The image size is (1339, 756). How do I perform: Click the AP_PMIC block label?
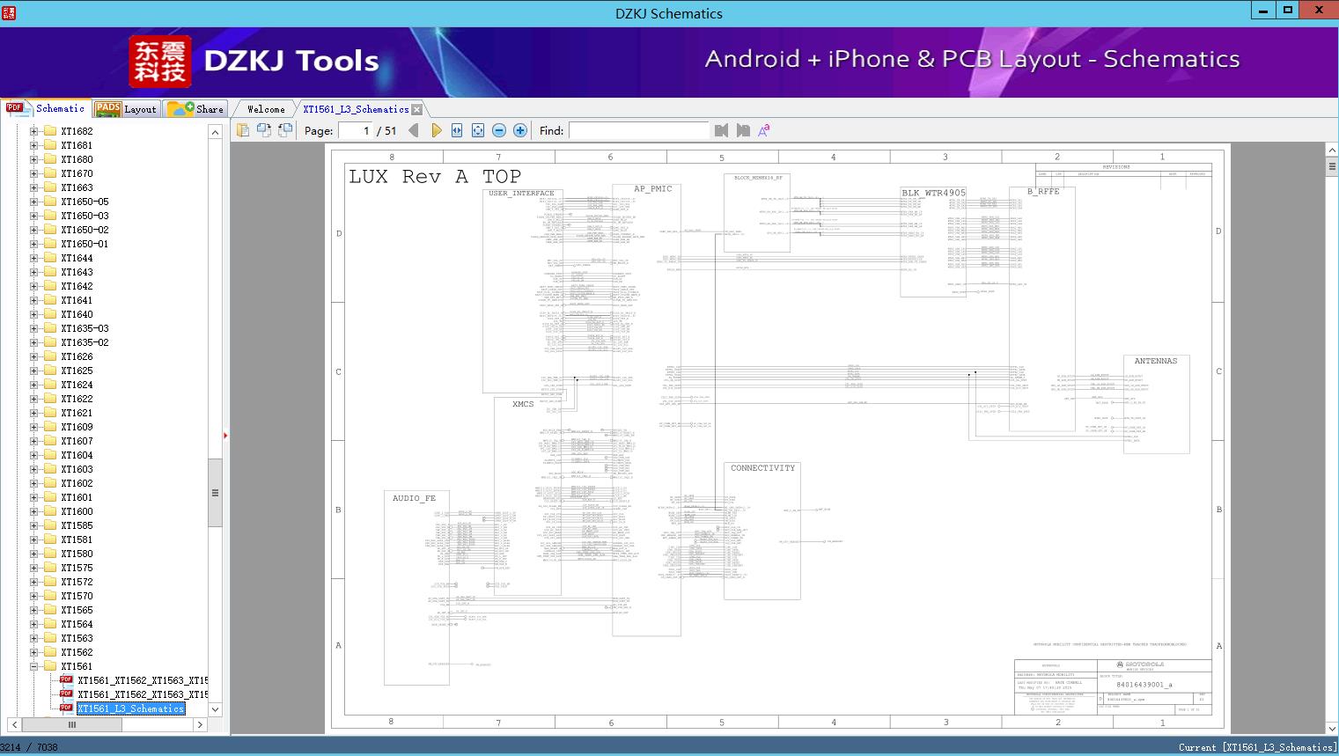click(x=652, y=189)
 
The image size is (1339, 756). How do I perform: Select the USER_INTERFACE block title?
click(x=521, y=194)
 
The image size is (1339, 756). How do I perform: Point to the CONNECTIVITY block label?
click(x=762, y=468)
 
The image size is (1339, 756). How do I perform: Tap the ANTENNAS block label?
click(x=1155, y=361)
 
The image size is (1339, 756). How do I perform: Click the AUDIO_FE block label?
click(x=414, y=498)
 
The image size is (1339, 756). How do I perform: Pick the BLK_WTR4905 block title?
click(x=933, y=193)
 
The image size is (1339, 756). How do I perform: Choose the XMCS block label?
click(x=523, y=404)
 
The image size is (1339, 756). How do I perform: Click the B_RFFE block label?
click(x=1043, y=192)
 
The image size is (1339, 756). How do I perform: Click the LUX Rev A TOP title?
click(x=435, y=177)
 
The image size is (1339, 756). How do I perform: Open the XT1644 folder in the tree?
click(x=77, y=258)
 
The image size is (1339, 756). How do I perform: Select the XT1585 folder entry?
click(x=77, y=525)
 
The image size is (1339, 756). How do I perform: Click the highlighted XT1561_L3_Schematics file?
click(x=130, y=708)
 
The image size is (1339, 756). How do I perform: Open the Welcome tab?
click(x=266, y=109)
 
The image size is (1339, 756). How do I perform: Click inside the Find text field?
click(x=638, y=130)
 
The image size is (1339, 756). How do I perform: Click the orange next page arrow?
click(x=436, y=130)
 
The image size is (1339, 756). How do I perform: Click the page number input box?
click(x=356, y=130)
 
